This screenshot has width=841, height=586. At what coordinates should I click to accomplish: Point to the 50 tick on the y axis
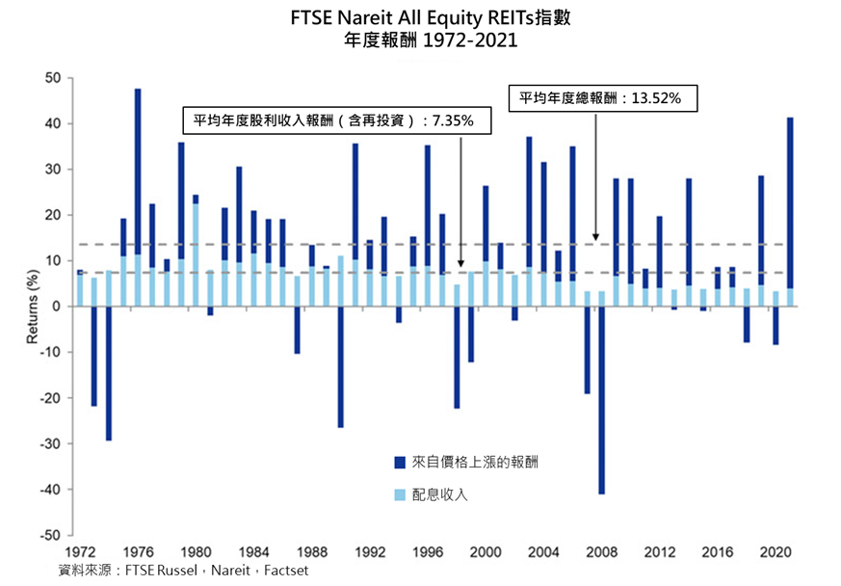54,78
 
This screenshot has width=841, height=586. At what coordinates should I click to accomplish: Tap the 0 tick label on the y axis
58,306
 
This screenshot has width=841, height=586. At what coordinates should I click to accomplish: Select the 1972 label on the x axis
79,553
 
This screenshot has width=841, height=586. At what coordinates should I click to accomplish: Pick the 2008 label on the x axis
602,553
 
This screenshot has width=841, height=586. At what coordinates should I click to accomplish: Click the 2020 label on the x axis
775,553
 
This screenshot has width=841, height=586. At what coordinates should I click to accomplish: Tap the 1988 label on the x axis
312,553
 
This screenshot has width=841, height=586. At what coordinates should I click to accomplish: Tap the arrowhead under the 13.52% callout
595,235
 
